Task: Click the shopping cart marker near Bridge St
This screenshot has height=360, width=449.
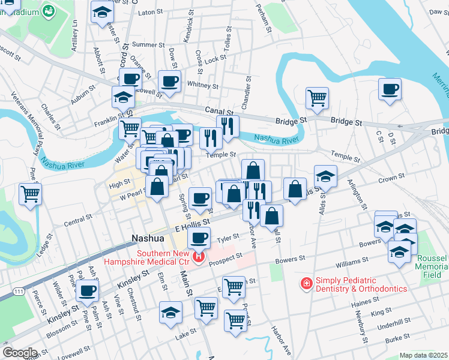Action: point(317,97)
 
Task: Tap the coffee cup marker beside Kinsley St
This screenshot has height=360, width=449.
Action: point(88,291)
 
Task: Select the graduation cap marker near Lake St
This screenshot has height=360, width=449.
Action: point(170,312)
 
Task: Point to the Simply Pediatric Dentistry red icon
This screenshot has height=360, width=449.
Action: point(306,281)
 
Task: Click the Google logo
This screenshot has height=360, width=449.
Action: point(20,353)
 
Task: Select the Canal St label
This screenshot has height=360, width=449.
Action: point(218,111)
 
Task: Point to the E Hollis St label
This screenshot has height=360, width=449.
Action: point(191,226)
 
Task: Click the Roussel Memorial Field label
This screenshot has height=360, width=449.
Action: point(432,265)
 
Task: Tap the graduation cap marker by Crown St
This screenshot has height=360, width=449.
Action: point(325,175)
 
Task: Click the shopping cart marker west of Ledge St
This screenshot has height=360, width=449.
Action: point(30,194)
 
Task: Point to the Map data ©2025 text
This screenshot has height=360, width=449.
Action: point(423,355)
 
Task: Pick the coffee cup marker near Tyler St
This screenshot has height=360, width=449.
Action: point(199,237)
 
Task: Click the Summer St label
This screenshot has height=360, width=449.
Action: point(143,44)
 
